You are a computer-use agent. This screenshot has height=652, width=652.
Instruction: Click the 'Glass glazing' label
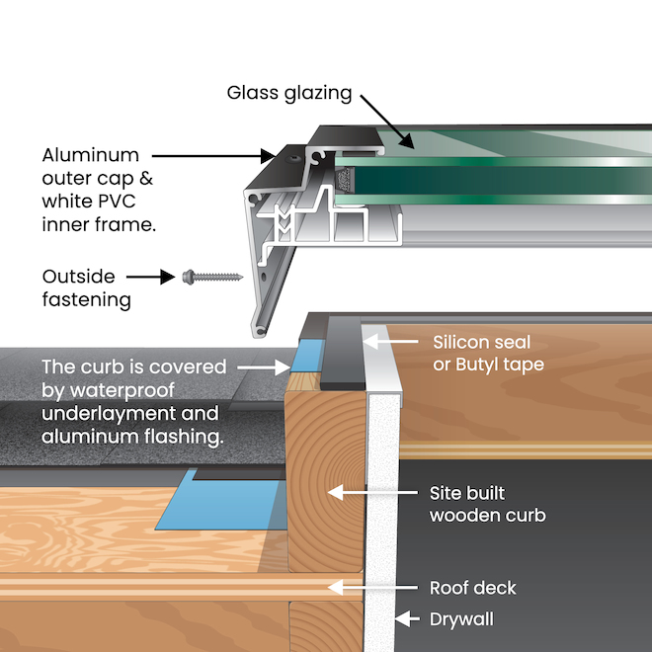[x=289, y=94]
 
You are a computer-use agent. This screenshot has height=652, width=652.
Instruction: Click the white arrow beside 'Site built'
[x=365, y=491]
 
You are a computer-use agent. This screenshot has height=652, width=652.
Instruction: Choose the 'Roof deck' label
[x=472, y=588]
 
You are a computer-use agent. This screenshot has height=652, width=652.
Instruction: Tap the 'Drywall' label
[x=461, y=619]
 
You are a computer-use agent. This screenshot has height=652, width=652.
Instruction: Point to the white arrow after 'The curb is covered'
[x=265, y=367]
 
